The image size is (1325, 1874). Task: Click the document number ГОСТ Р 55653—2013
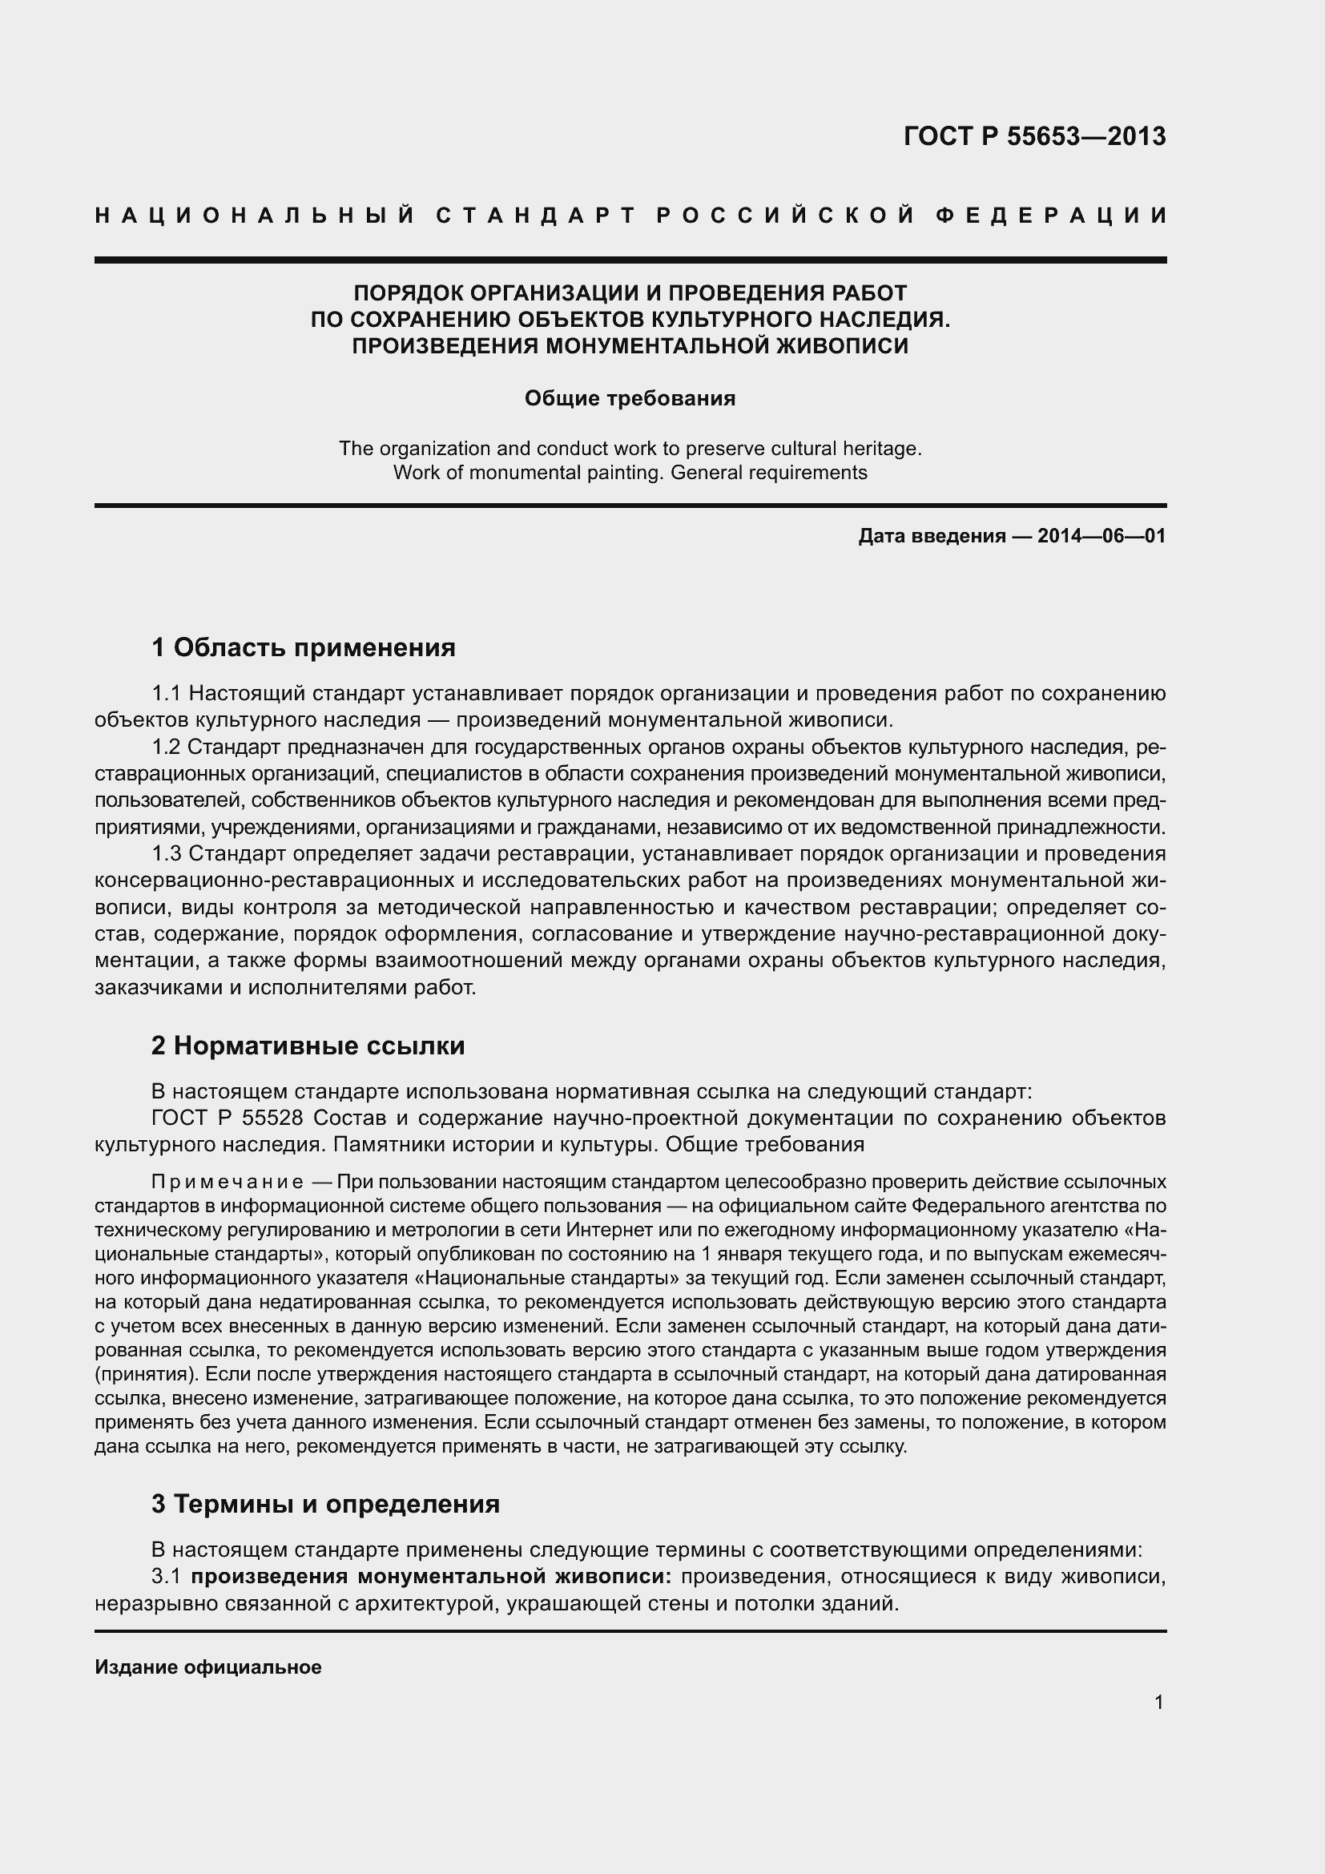[1034, 136]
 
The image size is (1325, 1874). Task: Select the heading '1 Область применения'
[303, 648]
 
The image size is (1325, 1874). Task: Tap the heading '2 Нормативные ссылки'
[308, 1046]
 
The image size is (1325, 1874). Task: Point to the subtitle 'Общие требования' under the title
[630, 398]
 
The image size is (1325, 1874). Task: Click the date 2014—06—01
[1101, 536]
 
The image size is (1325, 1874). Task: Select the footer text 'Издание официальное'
[208, 1667]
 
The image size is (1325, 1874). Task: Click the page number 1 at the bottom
[1158, 1702]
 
